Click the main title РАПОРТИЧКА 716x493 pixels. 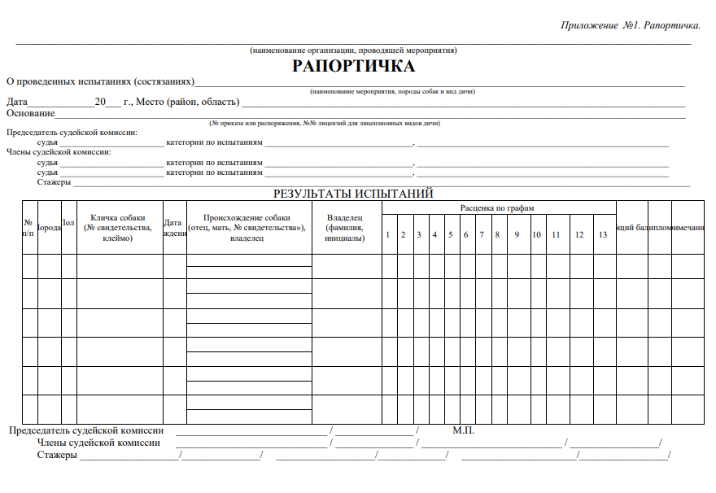353,67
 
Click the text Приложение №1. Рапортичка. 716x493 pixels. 630,25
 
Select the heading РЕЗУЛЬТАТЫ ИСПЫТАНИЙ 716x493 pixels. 353,194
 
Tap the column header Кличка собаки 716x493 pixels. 119,228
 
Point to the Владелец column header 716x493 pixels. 344,228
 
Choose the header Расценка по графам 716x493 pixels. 497,208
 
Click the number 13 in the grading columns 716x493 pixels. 602,235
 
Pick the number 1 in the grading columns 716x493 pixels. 388,235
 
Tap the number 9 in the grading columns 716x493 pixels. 516,235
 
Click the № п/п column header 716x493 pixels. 28,228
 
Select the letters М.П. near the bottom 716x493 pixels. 463,430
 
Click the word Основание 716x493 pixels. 30,113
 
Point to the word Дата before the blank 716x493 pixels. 16,102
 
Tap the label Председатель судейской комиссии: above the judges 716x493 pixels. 72,132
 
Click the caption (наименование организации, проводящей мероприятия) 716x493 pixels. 353,50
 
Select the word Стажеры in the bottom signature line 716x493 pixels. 57,455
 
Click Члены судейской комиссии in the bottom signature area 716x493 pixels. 98,443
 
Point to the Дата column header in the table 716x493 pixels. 173,228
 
